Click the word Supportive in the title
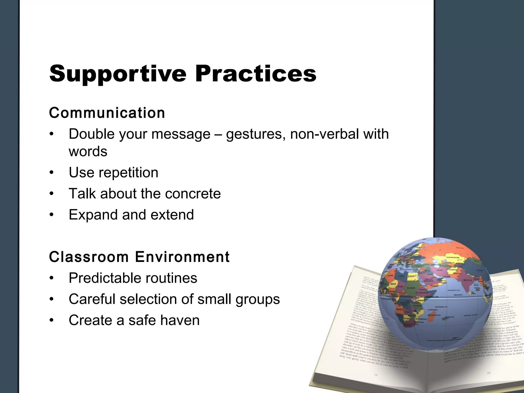[x=118, y=74]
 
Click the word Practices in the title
[x=256, y=74]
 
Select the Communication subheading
[x=107, y=113]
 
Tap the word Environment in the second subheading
[x=182, y=257]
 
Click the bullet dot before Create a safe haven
[x=52, y=321]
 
